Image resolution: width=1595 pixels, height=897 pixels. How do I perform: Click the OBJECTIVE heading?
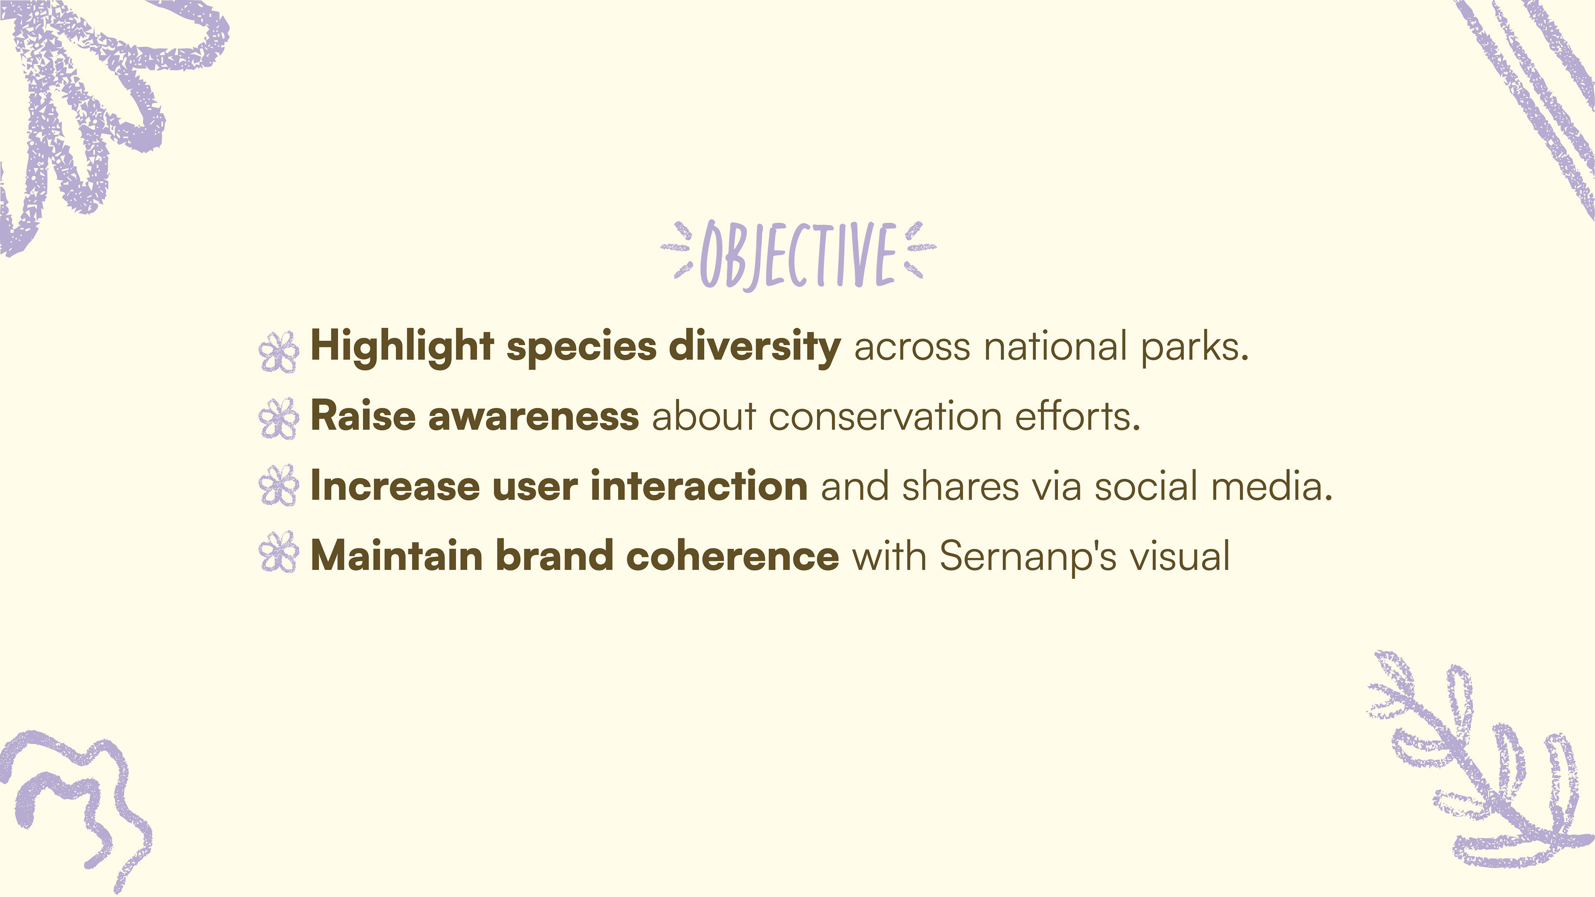(797, 255)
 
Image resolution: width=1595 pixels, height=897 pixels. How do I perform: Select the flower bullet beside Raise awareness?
(279, 419)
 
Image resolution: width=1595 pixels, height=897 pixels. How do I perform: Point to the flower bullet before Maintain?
(279, 552)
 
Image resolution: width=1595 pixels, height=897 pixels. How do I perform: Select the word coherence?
(732, 555)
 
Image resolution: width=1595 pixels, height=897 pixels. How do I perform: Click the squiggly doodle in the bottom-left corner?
(74, 805)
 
